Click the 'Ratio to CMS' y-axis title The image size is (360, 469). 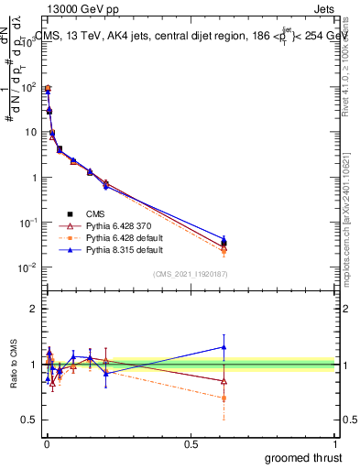(x=14, y=365)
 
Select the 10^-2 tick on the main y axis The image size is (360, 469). (x=27, y=267)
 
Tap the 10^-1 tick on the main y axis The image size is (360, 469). (x=27, y=223)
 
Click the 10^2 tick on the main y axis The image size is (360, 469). (x=28, y=87)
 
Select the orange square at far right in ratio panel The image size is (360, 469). (x=224, y=398)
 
